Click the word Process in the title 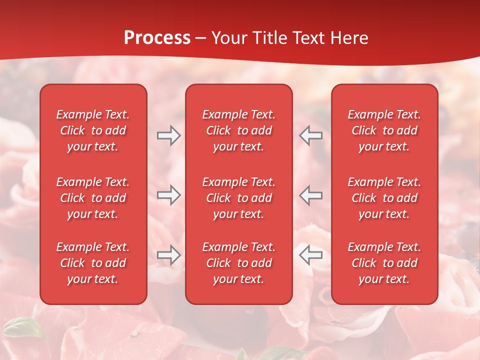tap(157, 38)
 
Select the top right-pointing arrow tap(168, 135)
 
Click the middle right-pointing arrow tap(168, 195)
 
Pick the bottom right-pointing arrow tap(168, 254)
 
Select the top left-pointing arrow tap(310, 135)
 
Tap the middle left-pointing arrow tap(310, 195)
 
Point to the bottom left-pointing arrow tap(310, 254)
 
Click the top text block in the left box tap(93, 130)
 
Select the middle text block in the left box tap(93, 198)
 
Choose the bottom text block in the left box tap(93, 263)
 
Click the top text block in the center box tap(238, 130)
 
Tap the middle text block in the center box tap(238, 198)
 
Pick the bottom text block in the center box tap(238, 263)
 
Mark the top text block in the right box tap(384, 130)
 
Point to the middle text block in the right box tap(384, 198)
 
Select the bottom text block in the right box tap(384, 263)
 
